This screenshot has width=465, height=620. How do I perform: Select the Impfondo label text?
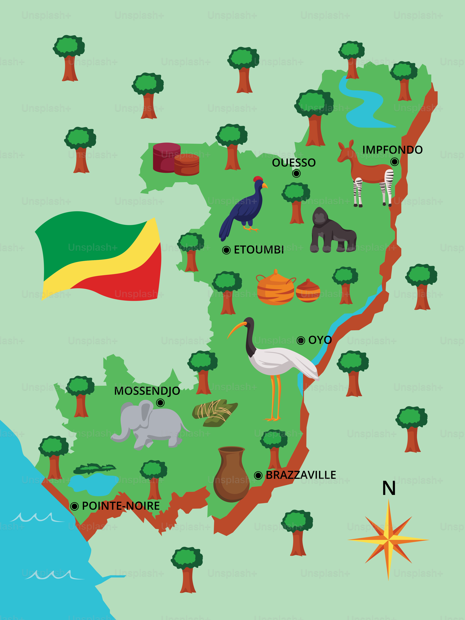pyautogui.click(x=392, y=150)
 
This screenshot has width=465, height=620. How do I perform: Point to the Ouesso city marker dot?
pyautogui.click(x=296, y=173)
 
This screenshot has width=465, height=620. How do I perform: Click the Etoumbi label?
pyautogui.click(x=259, y=250)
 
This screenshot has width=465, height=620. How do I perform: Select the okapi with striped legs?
pyautogui.click(x=367, y=171)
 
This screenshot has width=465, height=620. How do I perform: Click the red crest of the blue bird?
pyautogui.click(x=258, y=179)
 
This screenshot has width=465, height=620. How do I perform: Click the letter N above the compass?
pyautogui.click(x=389, y=488)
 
